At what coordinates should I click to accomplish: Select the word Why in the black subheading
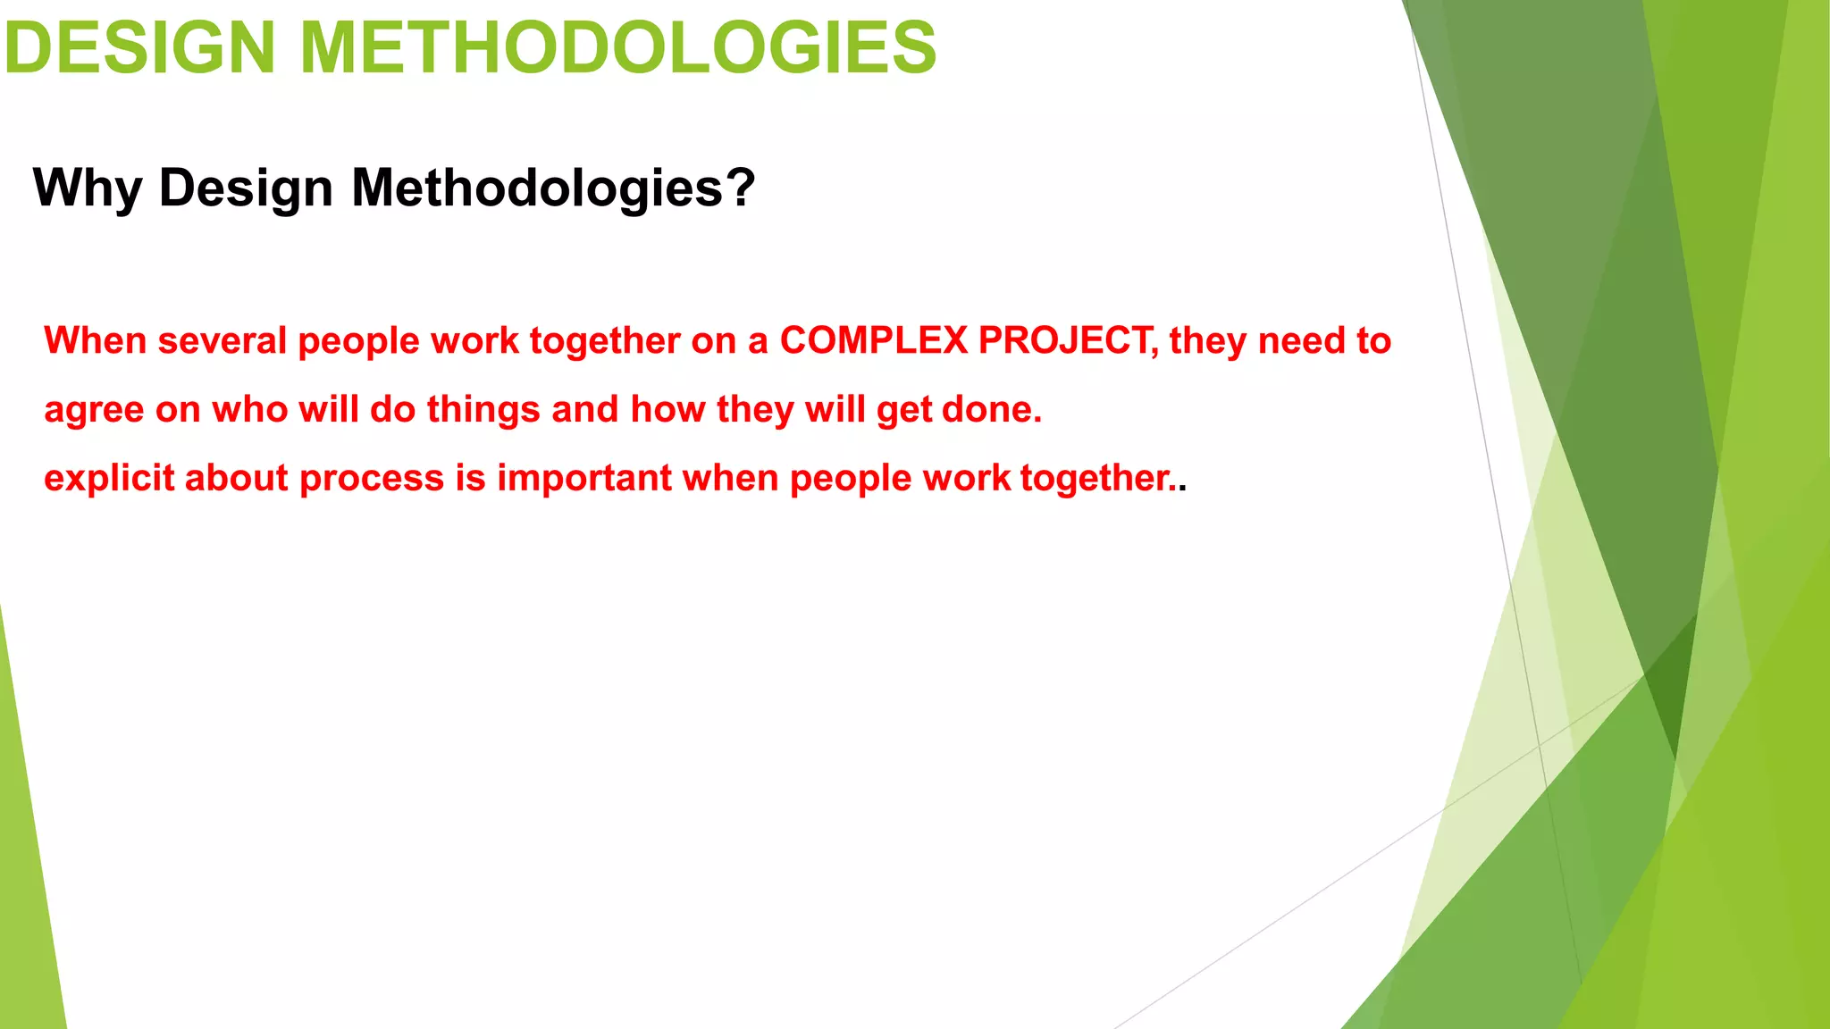click(88, 188)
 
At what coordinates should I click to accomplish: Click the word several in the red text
click(222, 341)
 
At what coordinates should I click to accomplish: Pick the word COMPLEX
click(874, 341)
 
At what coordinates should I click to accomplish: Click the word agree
click(94, 410)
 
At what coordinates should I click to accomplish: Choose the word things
click(483, 410)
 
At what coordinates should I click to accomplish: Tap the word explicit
click(109, 479)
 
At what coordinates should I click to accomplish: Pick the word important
click(584, 479)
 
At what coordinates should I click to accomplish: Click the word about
click(237, 479)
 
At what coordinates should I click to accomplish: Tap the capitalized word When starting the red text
click(96, 341)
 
